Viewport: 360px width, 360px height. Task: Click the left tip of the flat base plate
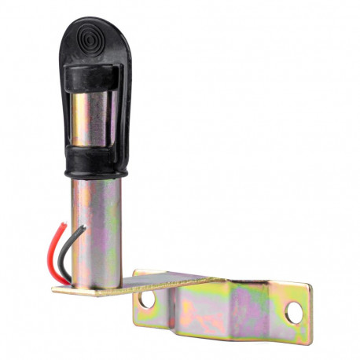point(55,288)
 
